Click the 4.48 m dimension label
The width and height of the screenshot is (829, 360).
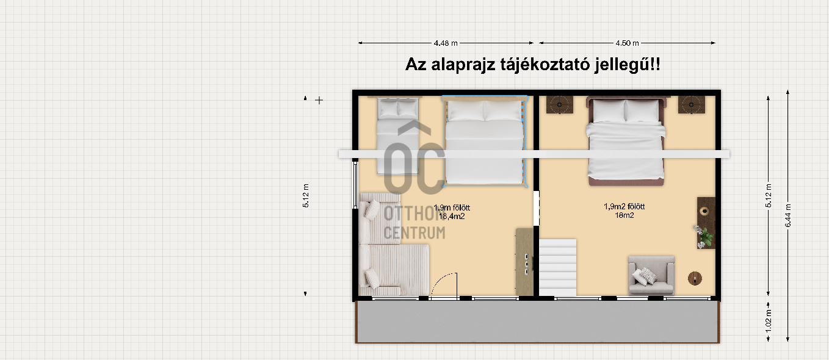446,43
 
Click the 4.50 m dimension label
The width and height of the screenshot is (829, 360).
628,43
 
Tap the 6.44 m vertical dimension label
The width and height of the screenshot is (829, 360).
788,216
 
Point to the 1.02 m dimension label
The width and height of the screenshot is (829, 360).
769,321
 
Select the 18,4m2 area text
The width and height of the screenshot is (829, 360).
452,217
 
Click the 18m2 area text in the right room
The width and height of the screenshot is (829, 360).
624,215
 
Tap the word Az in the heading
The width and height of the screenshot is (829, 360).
416,65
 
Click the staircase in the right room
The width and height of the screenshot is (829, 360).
557,267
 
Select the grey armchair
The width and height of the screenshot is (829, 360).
651,275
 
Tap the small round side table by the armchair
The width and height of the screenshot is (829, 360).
695,278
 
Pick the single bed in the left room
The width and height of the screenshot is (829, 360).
398,135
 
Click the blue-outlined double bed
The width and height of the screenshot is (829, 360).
485,141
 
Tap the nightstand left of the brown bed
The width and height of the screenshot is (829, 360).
560,105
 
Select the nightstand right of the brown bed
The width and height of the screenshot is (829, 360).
691,105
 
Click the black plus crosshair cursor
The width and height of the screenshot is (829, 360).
319,100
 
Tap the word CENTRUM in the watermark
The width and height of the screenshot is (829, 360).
415,233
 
